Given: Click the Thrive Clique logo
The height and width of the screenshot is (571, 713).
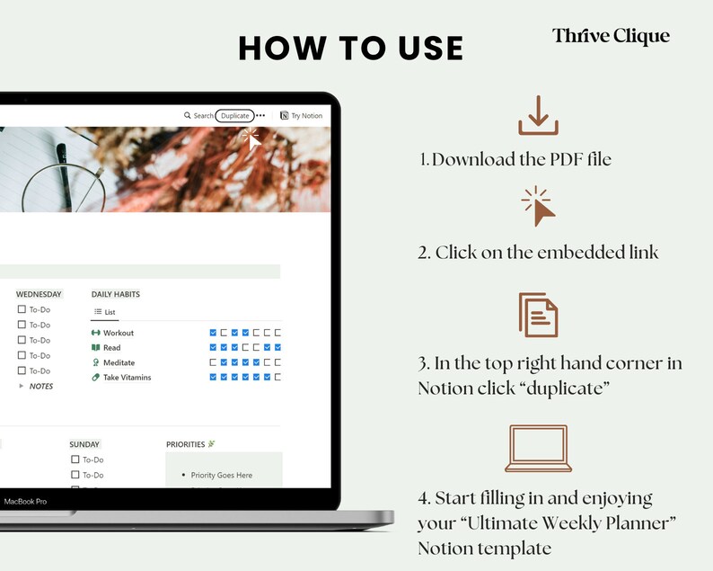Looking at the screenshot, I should tap(611, 36).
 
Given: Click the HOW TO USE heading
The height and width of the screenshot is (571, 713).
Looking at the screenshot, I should tap(350, 49).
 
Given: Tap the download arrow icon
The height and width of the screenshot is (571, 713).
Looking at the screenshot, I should tap(538, 117).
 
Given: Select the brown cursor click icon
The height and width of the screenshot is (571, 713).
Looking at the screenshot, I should tap(539, 206).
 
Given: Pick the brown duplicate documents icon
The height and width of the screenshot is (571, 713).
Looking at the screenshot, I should tap(538, 315).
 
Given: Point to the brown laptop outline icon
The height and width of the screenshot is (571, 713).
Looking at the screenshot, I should tap(538, 448).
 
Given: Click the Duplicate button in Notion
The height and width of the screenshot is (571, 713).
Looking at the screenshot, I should tap(234, 116).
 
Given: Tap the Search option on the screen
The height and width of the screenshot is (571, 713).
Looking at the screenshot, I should tap(199, 116).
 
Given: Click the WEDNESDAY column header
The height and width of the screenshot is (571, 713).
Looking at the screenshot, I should tap(39, 294).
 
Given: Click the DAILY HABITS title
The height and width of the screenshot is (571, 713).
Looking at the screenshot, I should tap(116, 294).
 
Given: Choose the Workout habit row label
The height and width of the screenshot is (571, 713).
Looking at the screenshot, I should tap(118, 333).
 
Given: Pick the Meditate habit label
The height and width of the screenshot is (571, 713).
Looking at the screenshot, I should tap(119, 362).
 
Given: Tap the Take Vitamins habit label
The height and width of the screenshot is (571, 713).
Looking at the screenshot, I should tap(127, 378).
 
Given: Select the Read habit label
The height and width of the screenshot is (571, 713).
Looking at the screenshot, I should tap(111, 348).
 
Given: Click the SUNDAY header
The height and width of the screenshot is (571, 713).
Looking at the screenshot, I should tap(84, 444).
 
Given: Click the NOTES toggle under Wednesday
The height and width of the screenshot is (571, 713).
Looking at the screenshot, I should tap(40, 387).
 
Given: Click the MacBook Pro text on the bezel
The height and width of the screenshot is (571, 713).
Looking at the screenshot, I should tap(25, 501).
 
